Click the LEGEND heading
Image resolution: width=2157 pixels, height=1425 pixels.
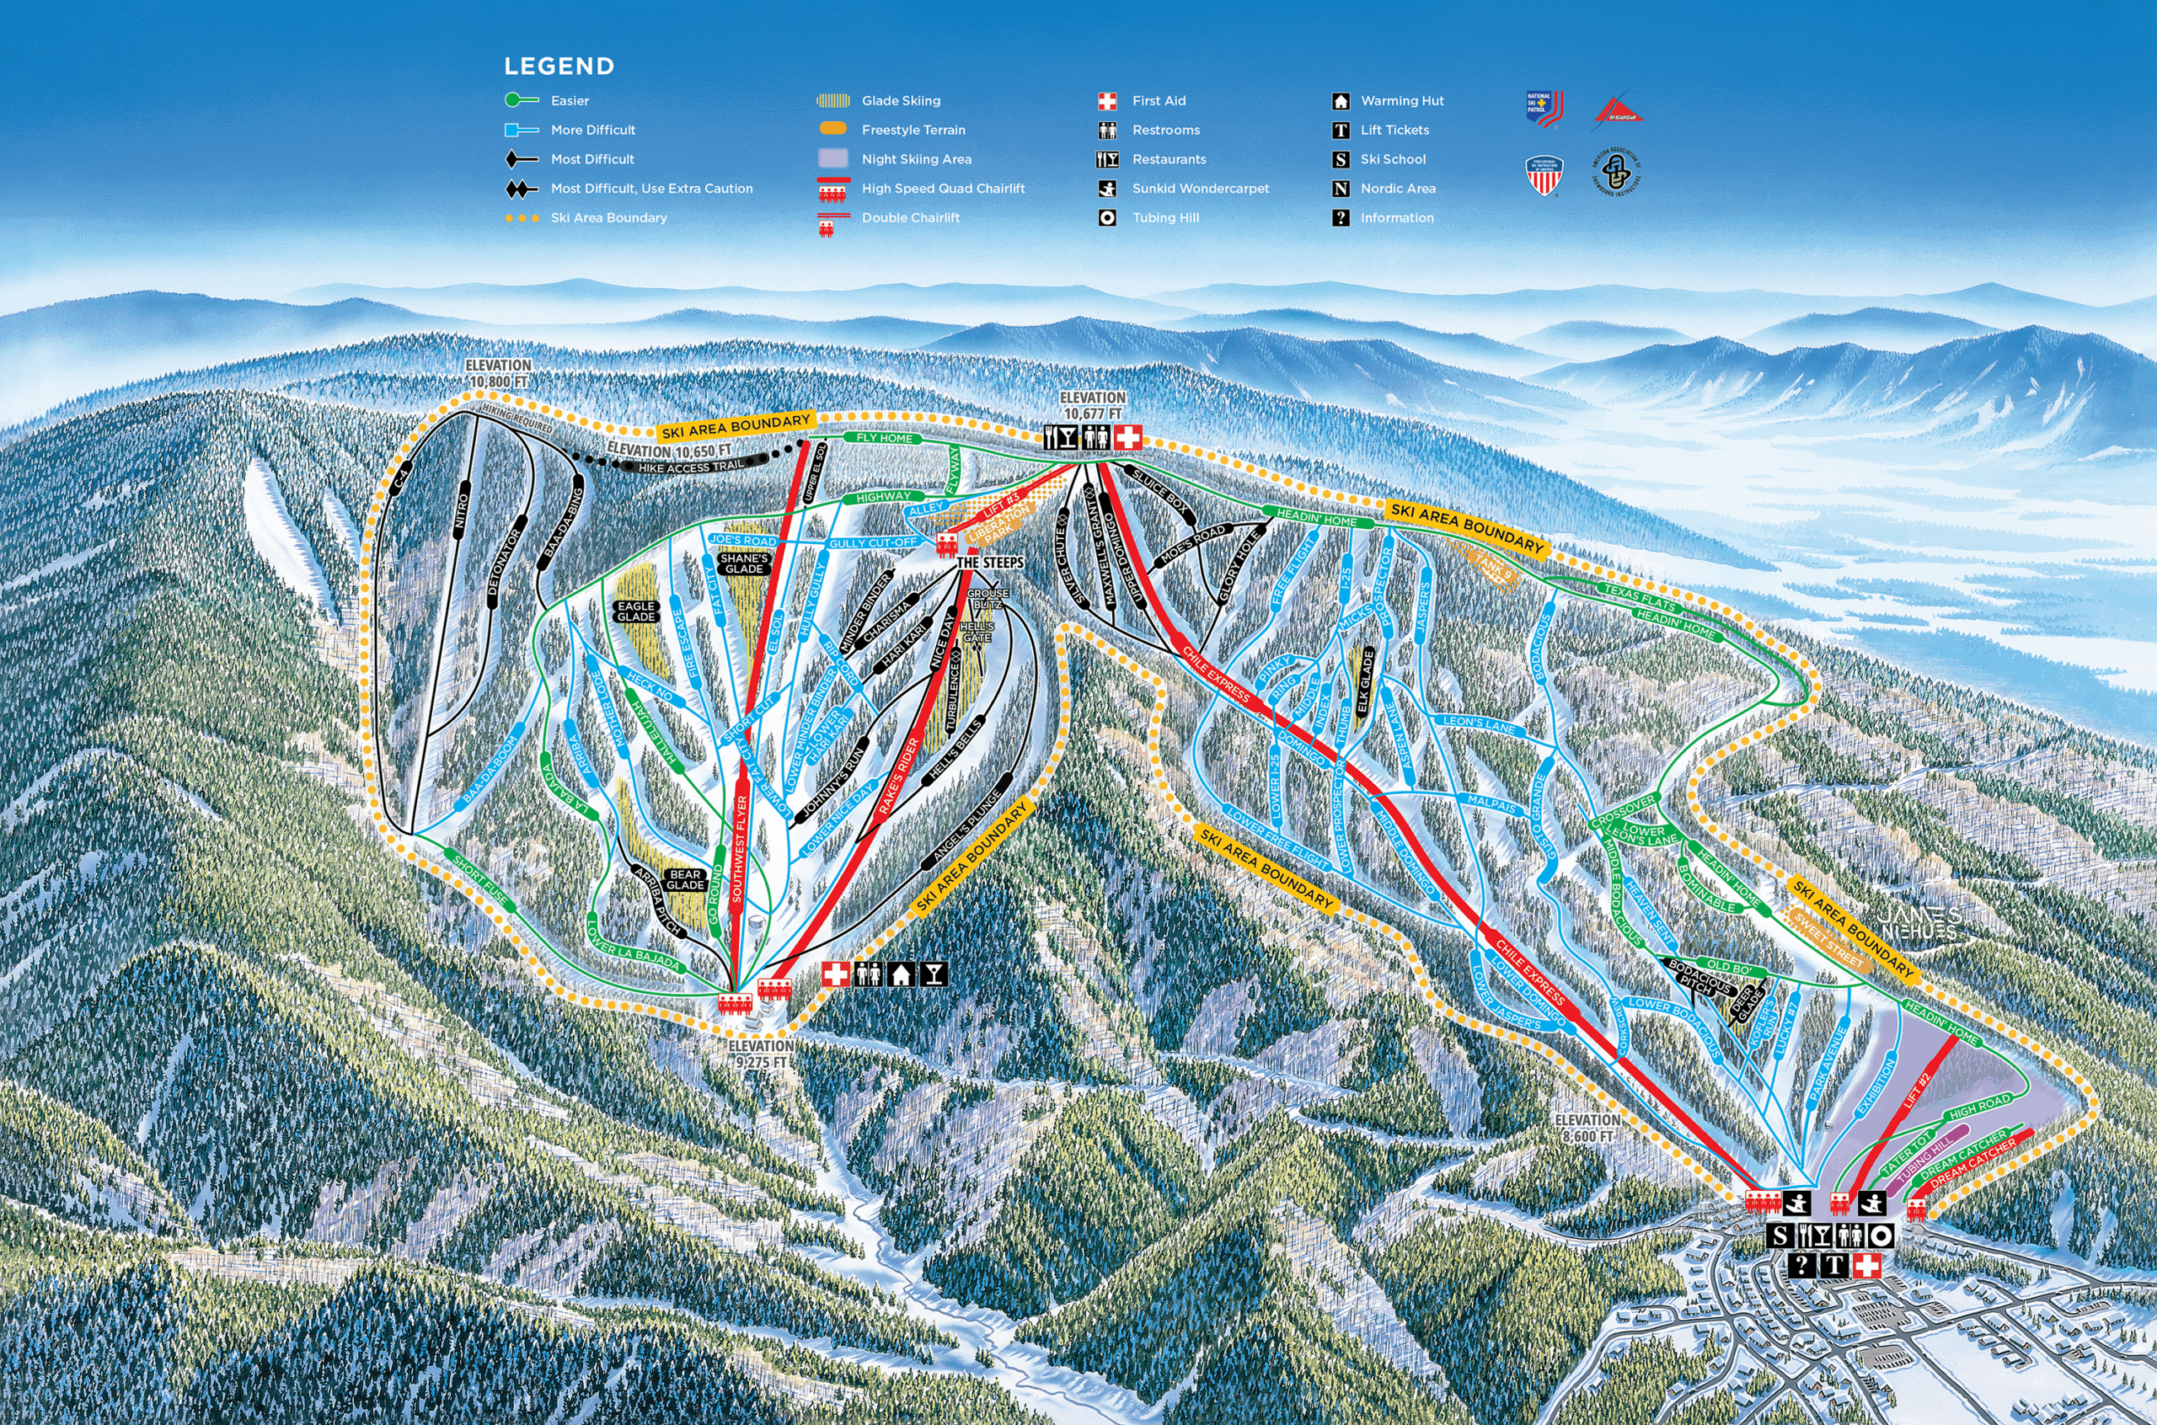pos(559,67)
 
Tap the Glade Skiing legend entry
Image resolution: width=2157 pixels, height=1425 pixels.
pos(900,101)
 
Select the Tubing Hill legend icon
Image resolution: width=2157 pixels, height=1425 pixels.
pos(1107,218)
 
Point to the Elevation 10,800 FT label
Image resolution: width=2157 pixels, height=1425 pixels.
pos(497,372)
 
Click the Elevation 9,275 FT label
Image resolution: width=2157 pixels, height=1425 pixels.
pos(760,1054)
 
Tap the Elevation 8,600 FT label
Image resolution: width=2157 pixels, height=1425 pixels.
pos(1587,1128)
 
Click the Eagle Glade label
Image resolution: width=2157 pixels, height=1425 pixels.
pos(635,611)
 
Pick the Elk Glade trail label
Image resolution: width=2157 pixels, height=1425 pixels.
pos(1363,680)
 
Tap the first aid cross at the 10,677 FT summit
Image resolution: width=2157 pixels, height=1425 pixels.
pos(1128,437)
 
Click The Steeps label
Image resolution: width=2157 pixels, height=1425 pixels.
pos(990,563)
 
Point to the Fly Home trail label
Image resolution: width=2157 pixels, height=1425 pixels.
pos(884,438)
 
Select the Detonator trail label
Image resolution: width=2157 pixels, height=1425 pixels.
pos(506,564)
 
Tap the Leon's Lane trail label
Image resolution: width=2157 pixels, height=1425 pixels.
pos(1479,725)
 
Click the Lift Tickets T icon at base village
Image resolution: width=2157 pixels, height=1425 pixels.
pos(1834,1265)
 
